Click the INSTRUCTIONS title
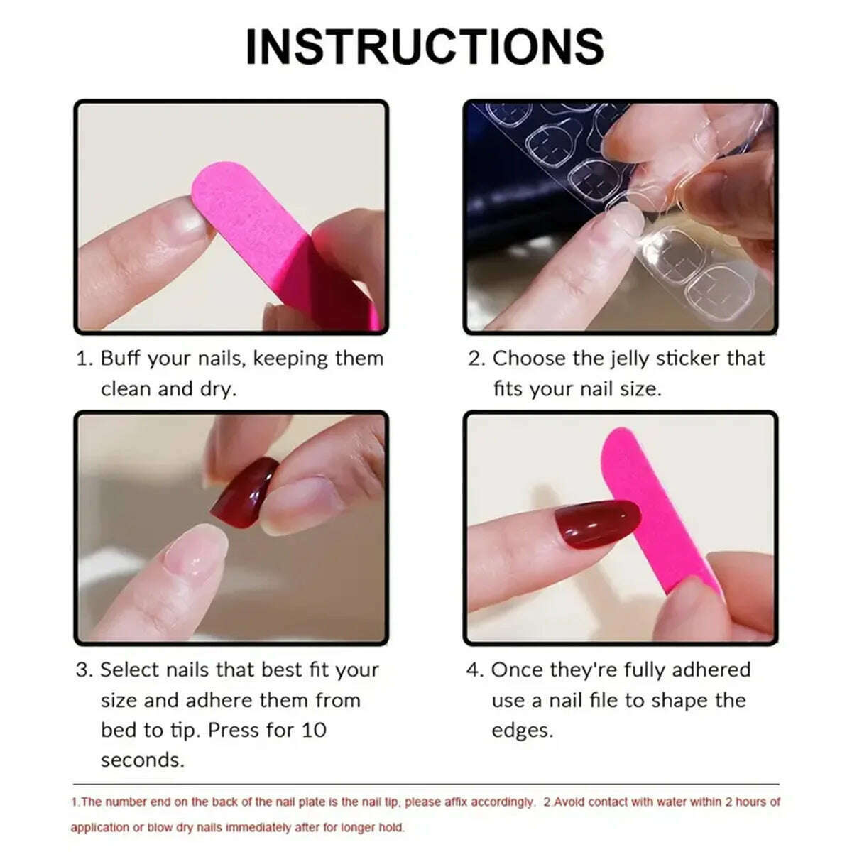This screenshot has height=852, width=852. tap(425, 46)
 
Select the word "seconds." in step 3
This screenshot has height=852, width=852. tap(142, 760)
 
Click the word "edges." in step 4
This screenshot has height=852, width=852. tap(522, 731)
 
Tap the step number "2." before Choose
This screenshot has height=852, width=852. tap(476, 359)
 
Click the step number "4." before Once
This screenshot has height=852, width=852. tap(474, 670)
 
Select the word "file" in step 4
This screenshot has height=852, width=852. tap(603, 701)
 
